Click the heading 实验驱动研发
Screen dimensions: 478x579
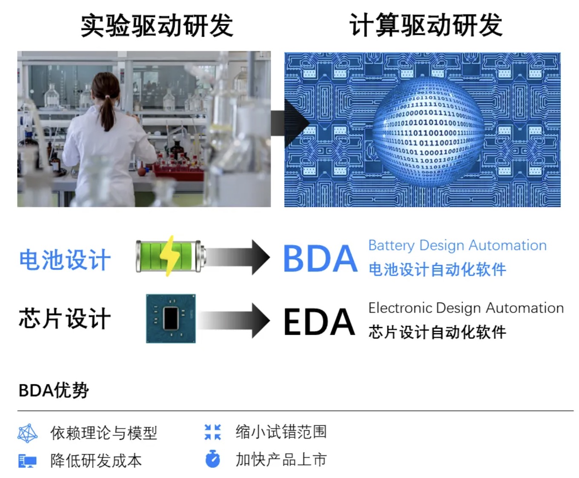(x=157, y=26)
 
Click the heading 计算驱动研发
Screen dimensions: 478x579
(x=426, y=26)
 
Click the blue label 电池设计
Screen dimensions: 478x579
(x=65, y=260)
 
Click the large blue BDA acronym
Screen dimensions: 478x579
(x=320, y=259)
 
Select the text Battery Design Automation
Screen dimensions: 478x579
(x=457, y=245)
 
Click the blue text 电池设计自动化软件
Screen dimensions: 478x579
(x=437, y=270)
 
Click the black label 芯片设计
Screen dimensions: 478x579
(x=65, y=319)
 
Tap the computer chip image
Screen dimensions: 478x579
(x=171, y=318)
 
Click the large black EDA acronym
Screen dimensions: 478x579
(x=319, y=322)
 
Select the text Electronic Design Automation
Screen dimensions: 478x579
(x=466, y=308)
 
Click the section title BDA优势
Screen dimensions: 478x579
(x=54, y=390)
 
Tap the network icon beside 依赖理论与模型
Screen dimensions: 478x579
(x=28, y=433)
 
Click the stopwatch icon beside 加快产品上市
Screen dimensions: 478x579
(x=213, y=459)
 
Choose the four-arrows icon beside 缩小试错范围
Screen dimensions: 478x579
(x=213, y=432)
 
